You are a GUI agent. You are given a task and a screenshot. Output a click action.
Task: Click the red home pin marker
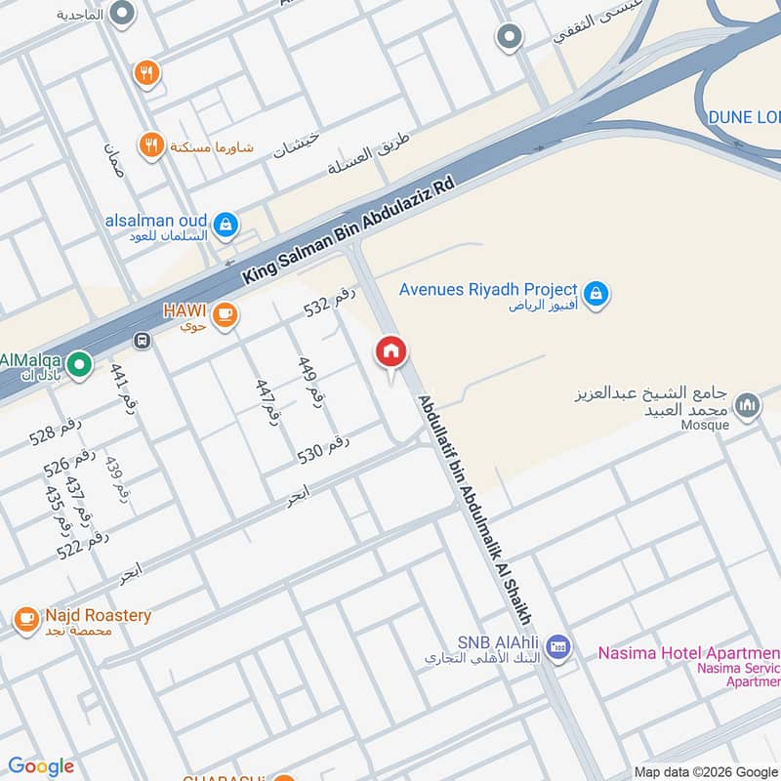(x=391, y=351)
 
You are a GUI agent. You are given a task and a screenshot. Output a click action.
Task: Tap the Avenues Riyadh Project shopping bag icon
(x=595, y=292)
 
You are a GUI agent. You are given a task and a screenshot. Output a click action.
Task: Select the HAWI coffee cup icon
(x=226, y=313)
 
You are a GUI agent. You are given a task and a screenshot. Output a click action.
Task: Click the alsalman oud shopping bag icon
(x=226, y=224)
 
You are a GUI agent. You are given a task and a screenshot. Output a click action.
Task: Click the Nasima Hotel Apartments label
(x=689, y=652)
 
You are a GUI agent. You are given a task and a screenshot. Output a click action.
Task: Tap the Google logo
(x=40, y=766)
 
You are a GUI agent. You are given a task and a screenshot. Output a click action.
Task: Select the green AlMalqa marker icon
(x=82, y=366)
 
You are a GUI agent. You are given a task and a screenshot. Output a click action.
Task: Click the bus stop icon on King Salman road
(x=143, y=341)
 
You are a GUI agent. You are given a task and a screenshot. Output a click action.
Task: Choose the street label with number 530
(x=322, y=448)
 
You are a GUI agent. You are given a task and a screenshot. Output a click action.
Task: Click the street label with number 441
(x=123, y=389)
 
